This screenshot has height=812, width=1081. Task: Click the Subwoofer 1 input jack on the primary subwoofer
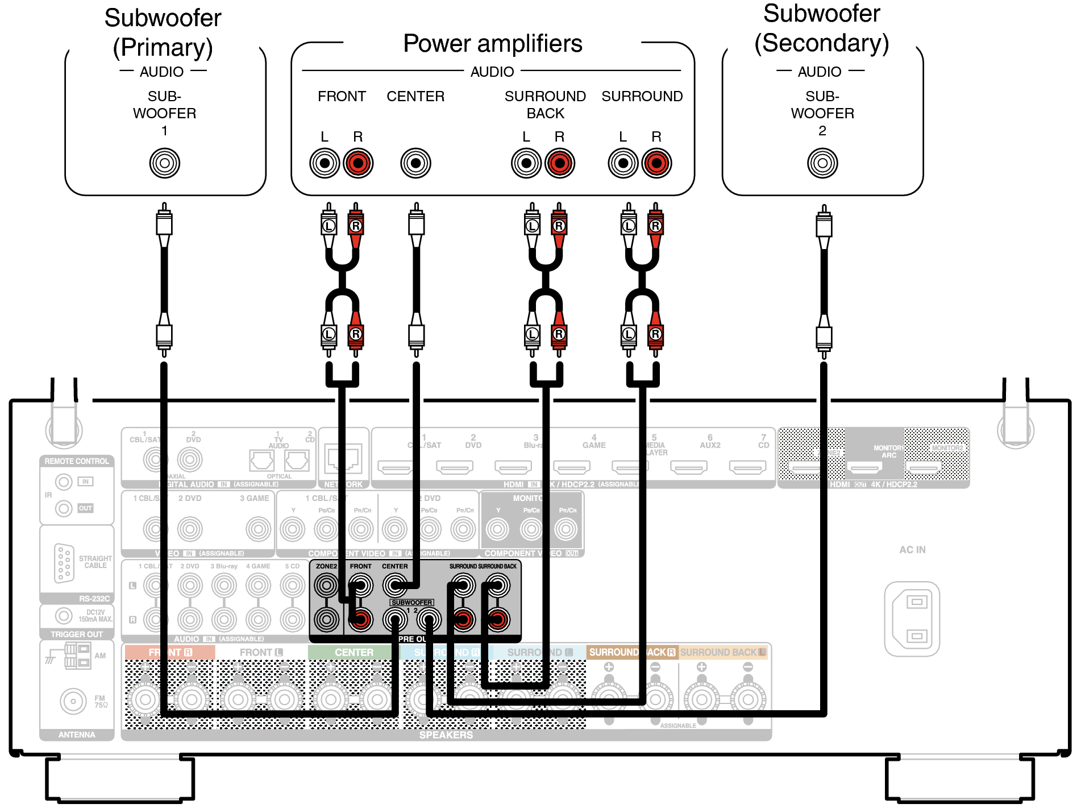click(x=164, y=163)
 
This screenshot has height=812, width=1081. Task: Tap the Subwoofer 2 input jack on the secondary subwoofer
click(x=822, y=163)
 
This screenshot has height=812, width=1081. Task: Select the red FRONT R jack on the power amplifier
click(x=358, y=163)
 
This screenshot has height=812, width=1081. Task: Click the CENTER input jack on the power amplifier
click(x=415, y=163)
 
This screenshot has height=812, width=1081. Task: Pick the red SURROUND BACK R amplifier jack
click(x=560, y=163)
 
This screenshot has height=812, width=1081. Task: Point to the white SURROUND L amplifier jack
click(x=623, y=163)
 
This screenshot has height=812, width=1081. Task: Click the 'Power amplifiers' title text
click(x=492, y=44)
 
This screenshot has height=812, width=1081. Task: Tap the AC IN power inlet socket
click(x=912, y=619)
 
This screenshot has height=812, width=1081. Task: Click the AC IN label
click(x=912, y=550)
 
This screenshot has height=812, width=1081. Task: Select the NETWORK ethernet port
click(x=343, y=458)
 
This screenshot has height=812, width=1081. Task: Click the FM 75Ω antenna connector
click(x=73, y=701)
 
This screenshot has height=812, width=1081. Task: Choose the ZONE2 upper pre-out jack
click(x=326, y=585)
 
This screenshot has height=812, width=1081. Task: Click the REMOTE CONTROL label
click(x=77, y=461)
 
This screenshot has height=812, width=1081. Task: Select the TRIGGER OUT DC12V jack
click(x=64, y=615)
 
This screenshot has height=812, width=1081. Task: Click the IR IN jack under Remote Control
click(x=64, y=482)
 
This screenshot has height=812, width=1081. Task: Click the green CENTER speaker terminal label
click(x=354, y=652)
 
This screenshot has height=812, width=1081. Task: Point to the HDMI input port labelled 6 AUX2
click(x=688, y=468)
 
